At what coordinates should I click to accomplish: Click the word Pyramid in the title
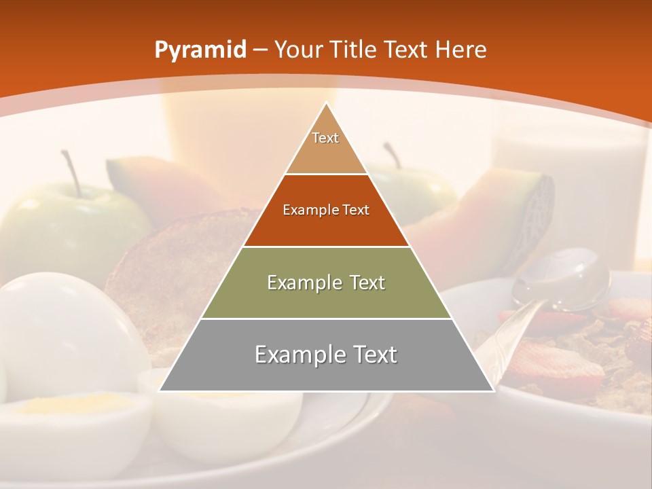tap(200, 50)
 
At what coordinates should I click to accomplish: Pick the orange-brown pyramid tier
tap(326, 211)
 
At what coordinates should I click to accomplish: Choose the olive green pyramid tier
tap(326, 283)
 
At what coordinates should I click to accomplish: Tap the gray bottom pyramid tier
tap(326, 355)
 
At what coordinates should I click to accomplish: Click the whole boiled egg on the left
tap(61, 333)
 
